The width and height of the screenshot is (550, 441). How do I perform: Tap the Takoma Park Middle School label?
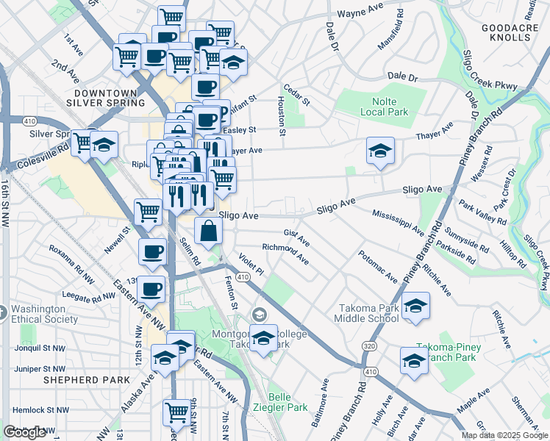367,312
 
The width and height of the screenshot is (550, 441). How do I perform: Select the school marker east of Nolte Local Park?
380,151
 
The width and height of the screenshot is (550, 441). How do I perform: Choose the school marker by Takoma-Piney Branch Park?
414,362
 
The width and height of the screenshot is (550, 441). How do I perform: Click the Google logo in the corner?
25,432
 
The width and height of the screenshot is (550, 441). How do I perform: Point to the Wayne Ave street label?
361,13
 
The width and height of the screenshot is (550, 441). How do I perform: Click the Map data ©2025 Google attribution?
504,435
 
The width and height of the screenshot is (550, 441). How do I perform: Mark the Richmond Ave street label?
285,254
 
